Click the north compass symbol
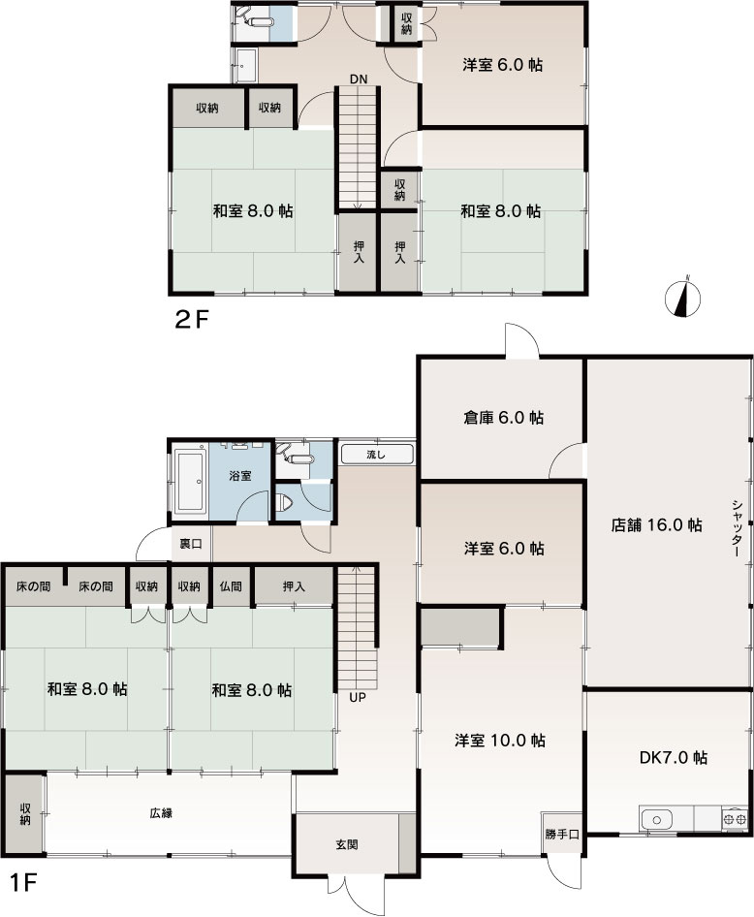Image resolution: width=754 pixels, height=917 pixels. coord(682,299)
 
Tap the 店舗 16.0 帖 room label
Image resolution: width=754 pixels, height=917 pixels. coord(656,524)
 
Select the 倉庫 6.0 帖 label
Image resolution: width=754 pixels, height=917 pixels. coord(503,418)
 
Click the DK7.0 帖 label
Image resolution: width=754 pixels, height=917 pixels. coord(674,757)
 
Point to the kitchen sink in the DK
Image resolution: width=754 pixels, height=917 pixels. coord(657,820)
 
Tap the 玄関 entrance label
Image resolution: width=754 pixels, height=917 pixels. coord(347,844)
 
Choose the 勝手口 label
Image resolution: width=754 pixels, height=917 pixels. coord(562,834)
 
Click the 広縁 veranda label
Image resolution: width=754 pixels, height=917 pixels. coord(161,813)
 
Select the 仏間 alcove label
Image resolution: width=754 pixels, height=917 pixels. coord(231,586)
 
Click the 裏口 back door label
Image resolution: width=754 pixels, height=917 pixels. coord(191,543)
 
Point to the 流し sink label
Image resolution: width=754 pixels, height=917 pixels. coord(376,455)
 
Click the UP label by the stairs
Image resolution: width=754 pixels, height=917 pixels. coord(358,697)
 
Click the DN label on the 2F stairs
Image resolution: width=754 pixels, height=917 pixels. coord(359,79)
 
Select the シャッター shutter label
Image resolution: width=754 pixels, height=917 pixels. coord(738,527)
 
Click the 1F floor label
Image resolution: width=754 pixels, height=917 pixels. coord(23,883)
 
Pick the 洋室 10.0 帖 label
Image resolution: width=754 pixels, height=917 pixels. coord(500,741)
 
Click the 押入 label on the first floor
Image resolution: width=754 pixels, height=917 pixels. coord(294,586)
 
